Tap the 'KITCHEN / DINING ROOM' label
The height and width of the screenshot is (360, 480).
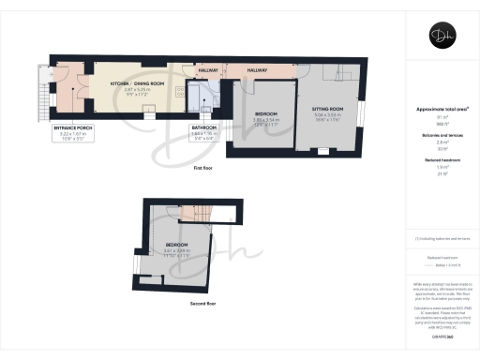pos(132,83)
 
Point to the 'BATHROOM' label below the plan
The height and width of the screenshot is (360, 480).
pos(204,127)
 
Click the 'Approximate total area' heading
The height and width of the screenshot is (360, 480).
pos(441,109)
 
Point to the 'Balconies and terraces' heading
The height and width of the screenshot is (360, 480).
pos(441,135)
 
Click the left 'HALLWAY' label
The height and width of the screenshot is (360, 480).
pos(208,70)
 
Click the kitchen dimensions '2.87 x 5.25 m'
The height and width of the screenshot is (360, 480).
pos(132,89)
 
